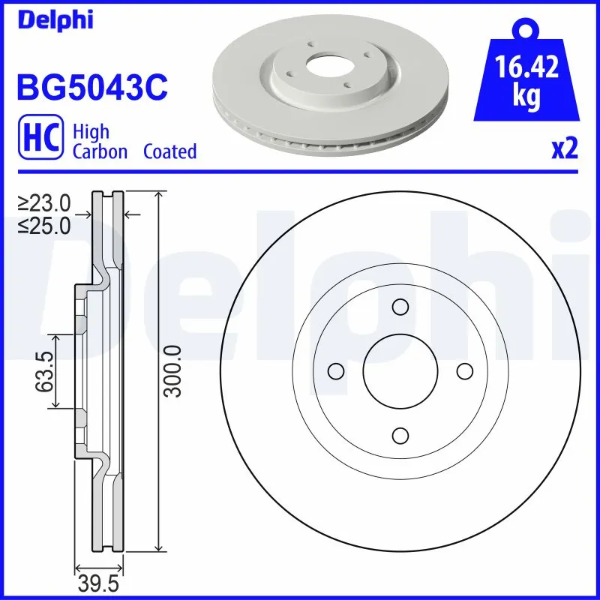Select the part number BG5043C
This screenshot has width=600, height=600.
[x=91, y=87]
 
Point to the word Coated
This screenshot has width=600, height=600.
[x=169, y=151]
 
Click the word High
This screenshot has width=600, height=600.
[x=91, y=132]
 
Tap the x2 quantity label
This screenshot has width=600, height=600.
[x=565, y=150]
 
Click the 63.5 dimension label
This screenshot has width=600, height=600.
[x=44, y=371]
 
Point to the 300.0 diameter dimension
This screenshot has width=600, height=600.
[x=172, y=371]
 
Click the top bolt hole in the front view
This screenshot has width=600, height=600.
[x=400, y=307]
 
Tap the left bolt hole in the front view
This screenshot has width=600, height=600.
[x=336, y=371]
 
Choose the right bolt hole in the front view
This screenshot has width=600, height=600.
[x=464, y=371]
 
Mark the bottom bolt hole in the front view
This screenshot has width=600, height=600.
[x=400, y=435]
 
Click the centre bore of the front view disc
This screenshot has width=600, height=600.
[x=400, y=371]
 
